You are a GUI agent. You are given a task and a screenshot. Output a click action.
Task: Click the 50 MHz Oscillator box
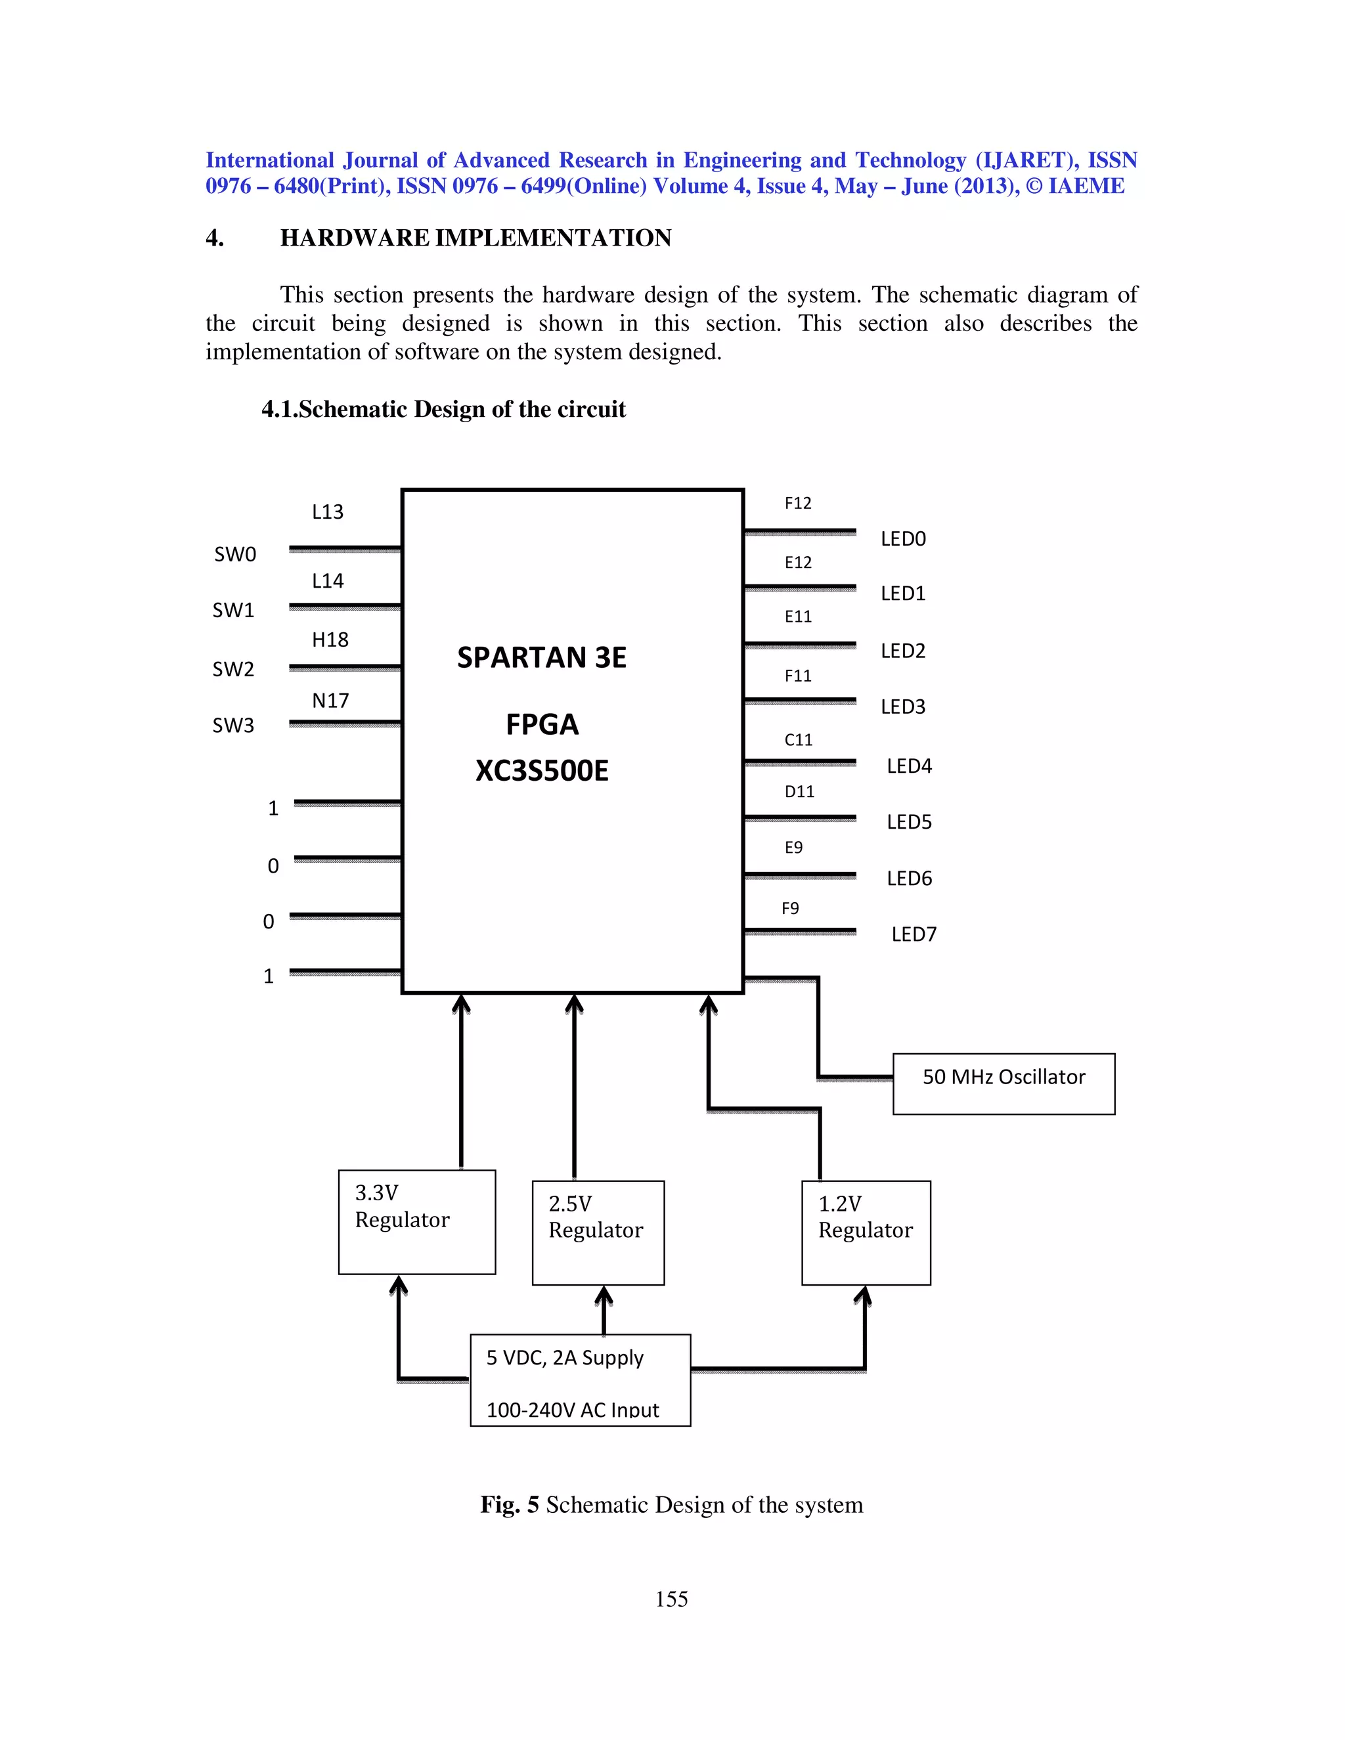coord(1003,1083)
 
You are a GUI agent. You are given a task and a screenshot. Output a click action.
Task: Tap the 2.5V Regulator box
coord(598,1232)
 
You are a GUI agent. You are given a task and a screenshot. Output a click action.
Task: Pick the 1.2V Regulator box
coord(866,1232)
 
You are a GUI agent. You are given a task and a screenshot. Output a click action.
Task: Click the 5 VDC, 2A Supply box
coord(580,1380)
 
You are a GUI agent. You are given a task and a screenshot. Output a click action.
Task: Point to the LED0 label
coord(903,539)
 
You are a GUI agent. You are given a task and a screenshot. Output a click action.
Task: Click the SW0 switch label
coord(235,555)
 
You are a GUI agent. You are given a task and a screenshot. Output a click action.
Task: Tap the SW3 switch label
coord(232,726)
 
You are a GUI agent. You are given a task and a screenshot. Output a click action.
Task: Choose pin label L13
coord(328,512)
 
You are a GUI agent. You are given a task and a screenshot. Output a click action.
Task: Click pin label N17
coord(330,701)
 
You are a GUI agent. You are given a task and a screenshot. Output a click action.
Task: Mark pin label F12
coord(797,504)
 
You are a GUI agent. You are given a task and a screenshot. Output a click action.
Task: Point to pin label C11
coord(799,740)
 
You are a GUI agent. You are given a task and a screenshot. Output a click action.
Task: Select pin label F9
coord(789,908)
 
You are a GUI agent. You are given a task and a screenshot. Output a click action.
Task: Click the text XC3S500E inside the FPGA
coord(542,772)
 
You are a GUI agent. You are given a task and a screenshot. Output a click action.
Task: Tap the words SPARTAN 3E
coord(542,658)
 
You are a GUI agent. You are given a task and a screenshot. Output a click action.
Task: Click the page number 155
coord(672,1599)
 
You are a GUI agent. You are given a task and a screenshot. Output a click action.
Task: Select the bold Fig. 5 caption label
coord(509,1505)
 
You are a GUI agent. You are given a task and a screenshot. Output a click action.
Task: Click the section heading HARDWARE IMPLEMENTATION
coord(475,238)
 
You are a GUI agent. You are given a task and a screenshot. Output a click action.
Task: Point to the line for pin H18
coord(345,667)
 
